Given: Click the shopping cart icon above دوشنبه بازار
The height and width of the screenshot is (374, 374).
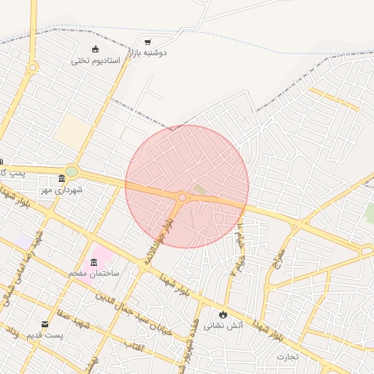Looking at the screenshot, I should pos(148,42).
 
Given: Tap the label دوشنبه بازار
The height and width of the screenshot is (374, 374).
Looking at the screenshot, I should pos(148,53).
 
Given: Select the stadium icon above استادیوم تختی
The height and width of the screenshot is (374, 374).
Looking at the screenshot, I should pos(96,50).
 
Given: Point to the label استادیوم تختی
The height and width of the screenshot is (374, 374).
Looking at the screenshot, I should pos(96,60).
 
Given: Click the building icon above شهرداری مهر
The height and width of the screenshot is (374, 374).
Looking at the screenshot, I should pos(61,179).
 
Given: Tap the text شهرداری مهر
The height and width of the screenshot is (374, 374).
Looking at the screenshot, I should pos(62,190).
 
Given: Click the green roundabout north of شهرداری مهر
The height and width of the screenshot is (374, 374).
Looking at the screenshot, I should pos(72,172).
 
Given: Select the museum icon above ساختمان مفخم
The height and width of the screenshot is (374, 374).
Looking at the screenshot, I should pos(93,262).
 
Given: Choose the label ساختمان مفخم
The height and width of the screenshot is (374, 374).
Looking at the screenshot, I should pos(93,272).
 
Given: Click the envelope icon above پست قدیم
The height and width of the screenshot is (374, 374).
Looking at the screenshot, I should pos(45,324).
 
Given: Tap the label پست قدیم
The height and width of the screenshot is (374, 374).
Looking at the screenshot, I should pos(45,335).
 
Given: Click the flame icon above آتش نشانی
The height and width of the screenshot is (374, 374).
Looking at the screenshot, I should pos(222,314).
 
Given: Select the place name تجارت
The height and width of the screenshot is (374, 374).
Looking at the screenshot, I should pos(288,356).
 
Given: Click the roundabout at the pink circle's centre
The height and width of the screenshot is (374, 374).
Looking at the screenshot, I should pos(182,197).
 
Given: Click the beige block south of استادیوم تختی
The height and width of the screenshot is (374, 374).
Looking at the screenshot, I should pos(73,131).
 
